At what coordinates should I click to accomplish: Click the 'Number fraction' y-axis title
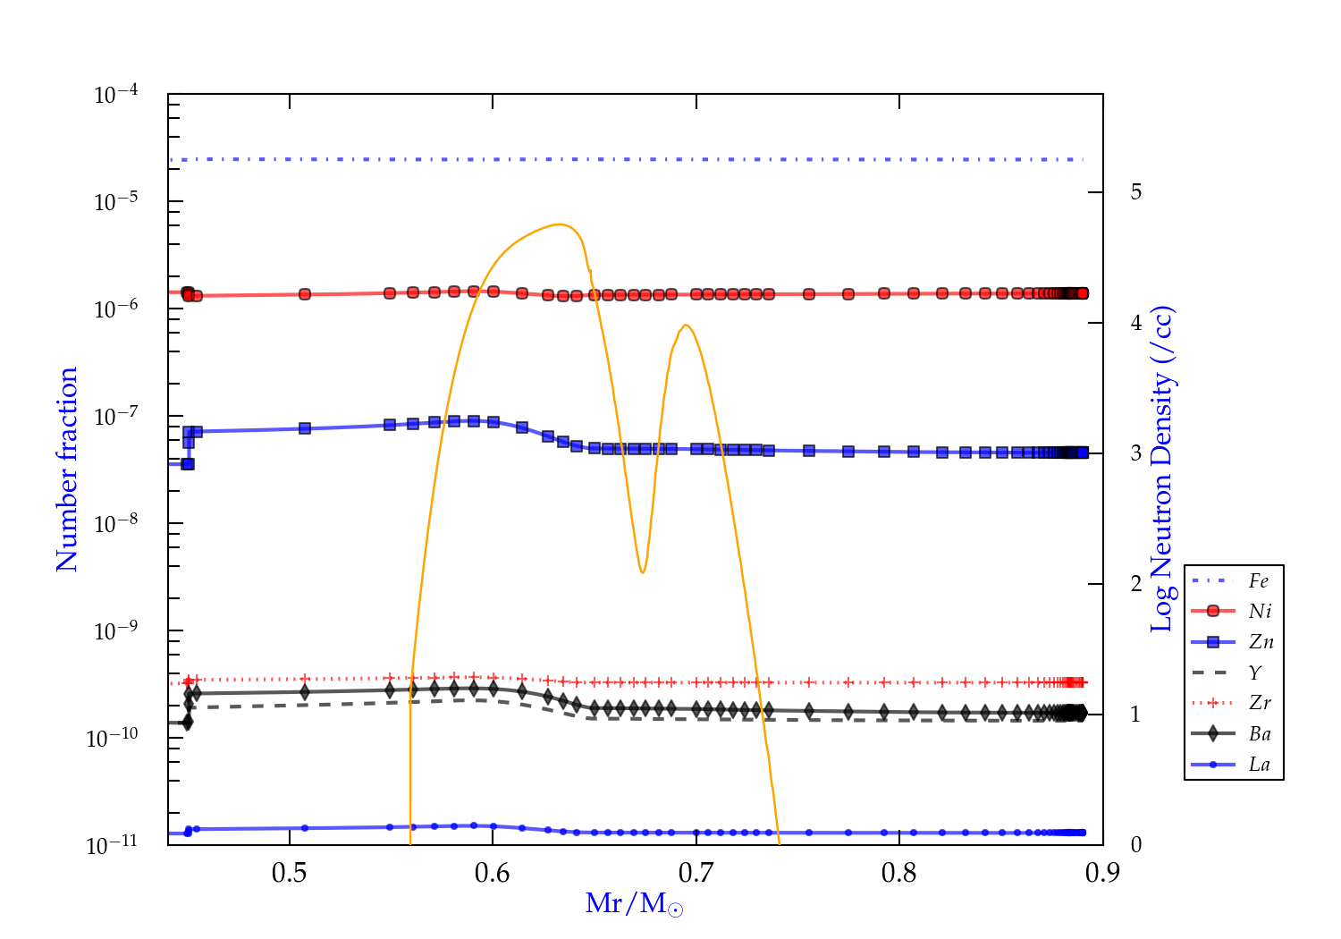67,469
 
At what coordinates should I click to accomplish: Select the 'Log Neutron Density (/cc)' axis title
1161,469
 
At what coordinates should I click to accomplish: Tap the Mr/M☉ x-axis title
634,904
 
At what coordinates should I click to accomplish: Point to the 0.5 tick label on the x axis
289,873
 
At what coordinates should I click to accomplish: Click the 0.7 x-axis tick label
696,873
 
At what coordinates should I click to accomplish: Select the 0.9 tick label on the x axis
1102,873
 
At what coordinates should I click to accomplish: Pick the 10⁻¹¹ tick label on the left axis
113,845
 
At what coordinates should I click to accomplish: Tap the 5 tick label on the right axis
1135,192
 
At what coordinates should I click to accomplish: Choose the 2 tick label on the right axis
1135,584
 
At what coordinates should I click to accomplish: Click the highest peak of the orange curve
561,224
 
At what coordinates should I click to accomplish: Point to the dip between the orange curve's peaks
642,572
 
